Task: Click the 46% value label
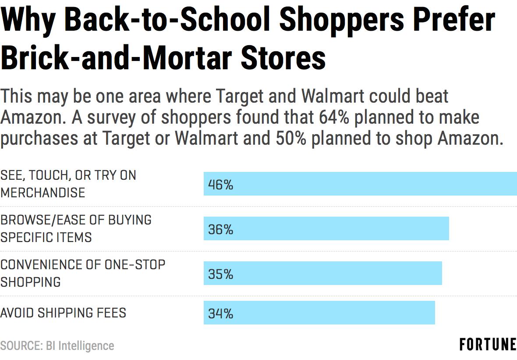tap(220, 185)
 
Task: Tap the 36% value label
tap(220, 229)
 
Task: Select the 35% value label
tap(220, 274)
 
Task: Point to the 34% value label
tap(220, 313)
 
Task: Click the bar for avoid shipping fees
tap(319, 313)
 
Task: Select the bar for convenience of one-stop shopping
tap(323, 273)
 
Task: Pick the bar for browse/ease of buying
tap(326, 228)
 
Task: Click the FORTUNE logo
tap(488, 345)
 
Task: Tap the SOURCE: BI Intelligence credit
tap(57, 346)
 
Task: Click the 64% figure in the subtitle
tap(334, 117)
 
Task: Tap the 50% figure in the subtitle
tap(291, 138)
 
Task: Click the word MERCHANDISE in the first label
tap(43, 192)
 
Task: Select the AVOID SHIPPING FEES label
tap(63, 313)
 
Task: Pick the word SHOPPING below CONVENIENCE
tap(31, 282)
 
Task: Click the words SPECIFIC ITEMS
tap(46, 237)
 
